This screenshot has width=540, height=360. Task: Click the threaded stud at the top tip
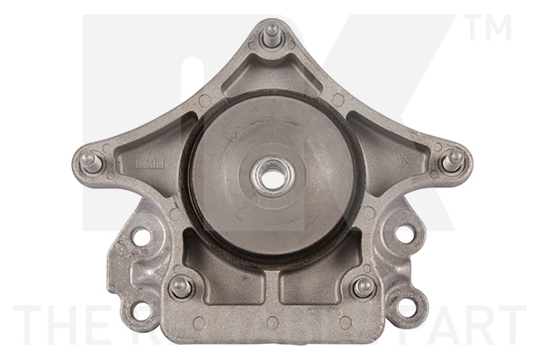pos(269,37)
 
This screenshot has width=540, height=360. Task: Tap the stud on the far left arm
pos(90,162)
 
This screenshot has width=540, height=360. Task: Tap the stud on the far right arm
pos(455,159)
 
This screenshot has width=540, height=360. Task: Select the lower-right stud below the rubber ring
pos(364,286)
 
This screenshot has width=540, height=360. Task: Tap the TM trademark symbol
pos(490,27)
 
